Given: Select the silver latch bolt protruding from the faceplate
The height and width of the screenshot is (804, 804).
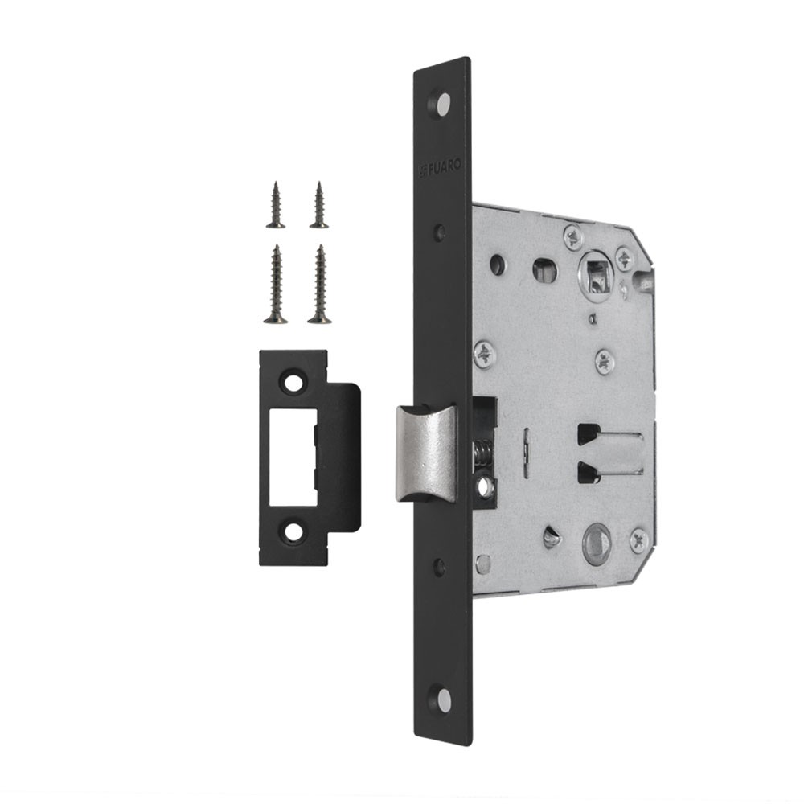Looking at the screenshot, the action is pos(426,453).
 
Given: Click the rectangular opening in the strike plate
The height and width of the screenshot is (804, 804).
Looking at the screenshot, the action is pos(293,457).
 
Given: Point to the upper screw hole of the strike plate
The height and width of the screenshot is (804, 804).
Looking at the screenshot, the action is pos(293,383).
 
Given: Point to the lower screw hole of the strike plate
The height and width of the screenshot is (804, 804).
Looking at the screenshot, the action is pos(293,531).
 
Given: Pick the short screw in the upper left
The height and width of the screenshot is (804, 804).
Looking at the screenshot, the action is pos(276,204).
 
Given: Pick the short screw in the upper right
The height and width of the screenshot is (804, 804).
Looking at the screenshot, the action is pos(319,204).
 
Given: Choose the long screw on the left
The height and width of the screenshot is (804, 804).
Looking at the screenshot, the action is pos(276,285).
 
